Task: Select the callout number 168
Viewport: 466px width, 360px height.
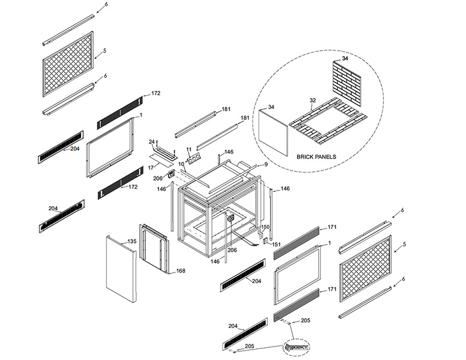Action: pyautogui.click(x=181, y=271)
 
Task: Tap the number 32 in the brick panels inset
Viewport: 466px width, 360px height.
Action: pyautogui.click(x=313, y=100)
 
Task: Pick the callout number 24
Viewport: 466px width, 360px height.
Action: pyautogui.click(x=151, y=142)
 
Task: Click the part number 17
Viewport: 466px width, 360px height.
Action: pyautogui.click(x=150, y=168)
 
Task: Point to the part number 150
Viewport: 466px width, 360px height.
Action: pyautogui.click(x=265, y=227)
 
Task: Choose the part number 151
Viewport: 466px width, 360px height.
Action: pyautogui.click(x=276, y=245)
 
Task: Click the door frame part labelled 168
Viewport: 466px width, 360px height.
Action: pyautogui.click(x=154, y=248)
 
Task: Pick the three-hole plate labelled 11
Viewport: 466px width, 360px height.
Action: pyautogui.click(x=193, y=160)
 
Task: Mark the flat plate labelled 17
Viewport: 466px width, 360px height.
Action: pyautogui.click(x=159, y=157)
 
